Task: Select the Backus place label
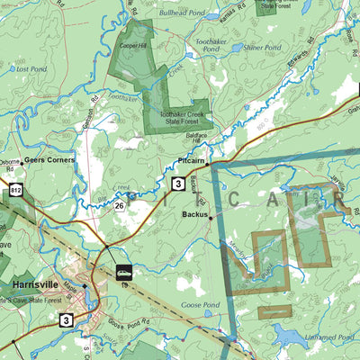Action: pyautogui.click(x=193, y=216)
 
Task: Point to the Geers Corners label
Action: pyautogui.click(x=49, y=159)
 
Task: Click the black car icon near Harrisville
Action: pyautogui.click(x=124, y=271)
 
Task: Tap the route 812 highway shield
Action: pyautogui.click(x=16, y=190)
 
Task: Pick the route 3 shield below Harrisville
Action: pyautogui.click(x=67, y=319)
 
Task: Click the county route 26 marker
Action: pyautogui.click(x=118, y=206)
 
